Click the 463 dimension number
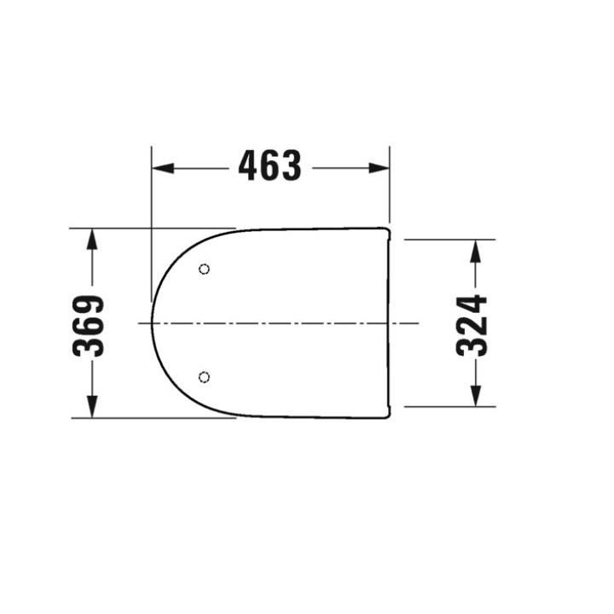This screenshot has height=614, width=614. (269, 167)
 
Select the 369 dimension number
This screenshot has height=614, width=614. (90, 324)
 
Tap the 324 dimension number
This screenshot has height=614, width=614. (472, 324)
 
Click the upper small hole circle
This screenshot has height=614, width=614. (204, 270)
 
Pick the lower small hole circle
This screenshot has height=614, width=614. (204, 377)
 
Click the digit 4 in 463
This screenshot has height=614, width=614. (249, 167)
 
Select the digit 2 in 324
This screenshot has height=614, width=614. (472, 325)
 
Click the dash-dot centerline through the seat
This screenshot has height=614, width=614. (281, 324)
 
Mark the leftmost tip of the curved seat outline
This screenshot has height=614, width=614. (152, 324)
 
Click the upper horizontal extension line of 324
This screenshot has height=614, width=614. (443, 240)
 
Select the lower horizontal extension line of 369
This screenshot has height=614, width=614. (153, 418)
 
